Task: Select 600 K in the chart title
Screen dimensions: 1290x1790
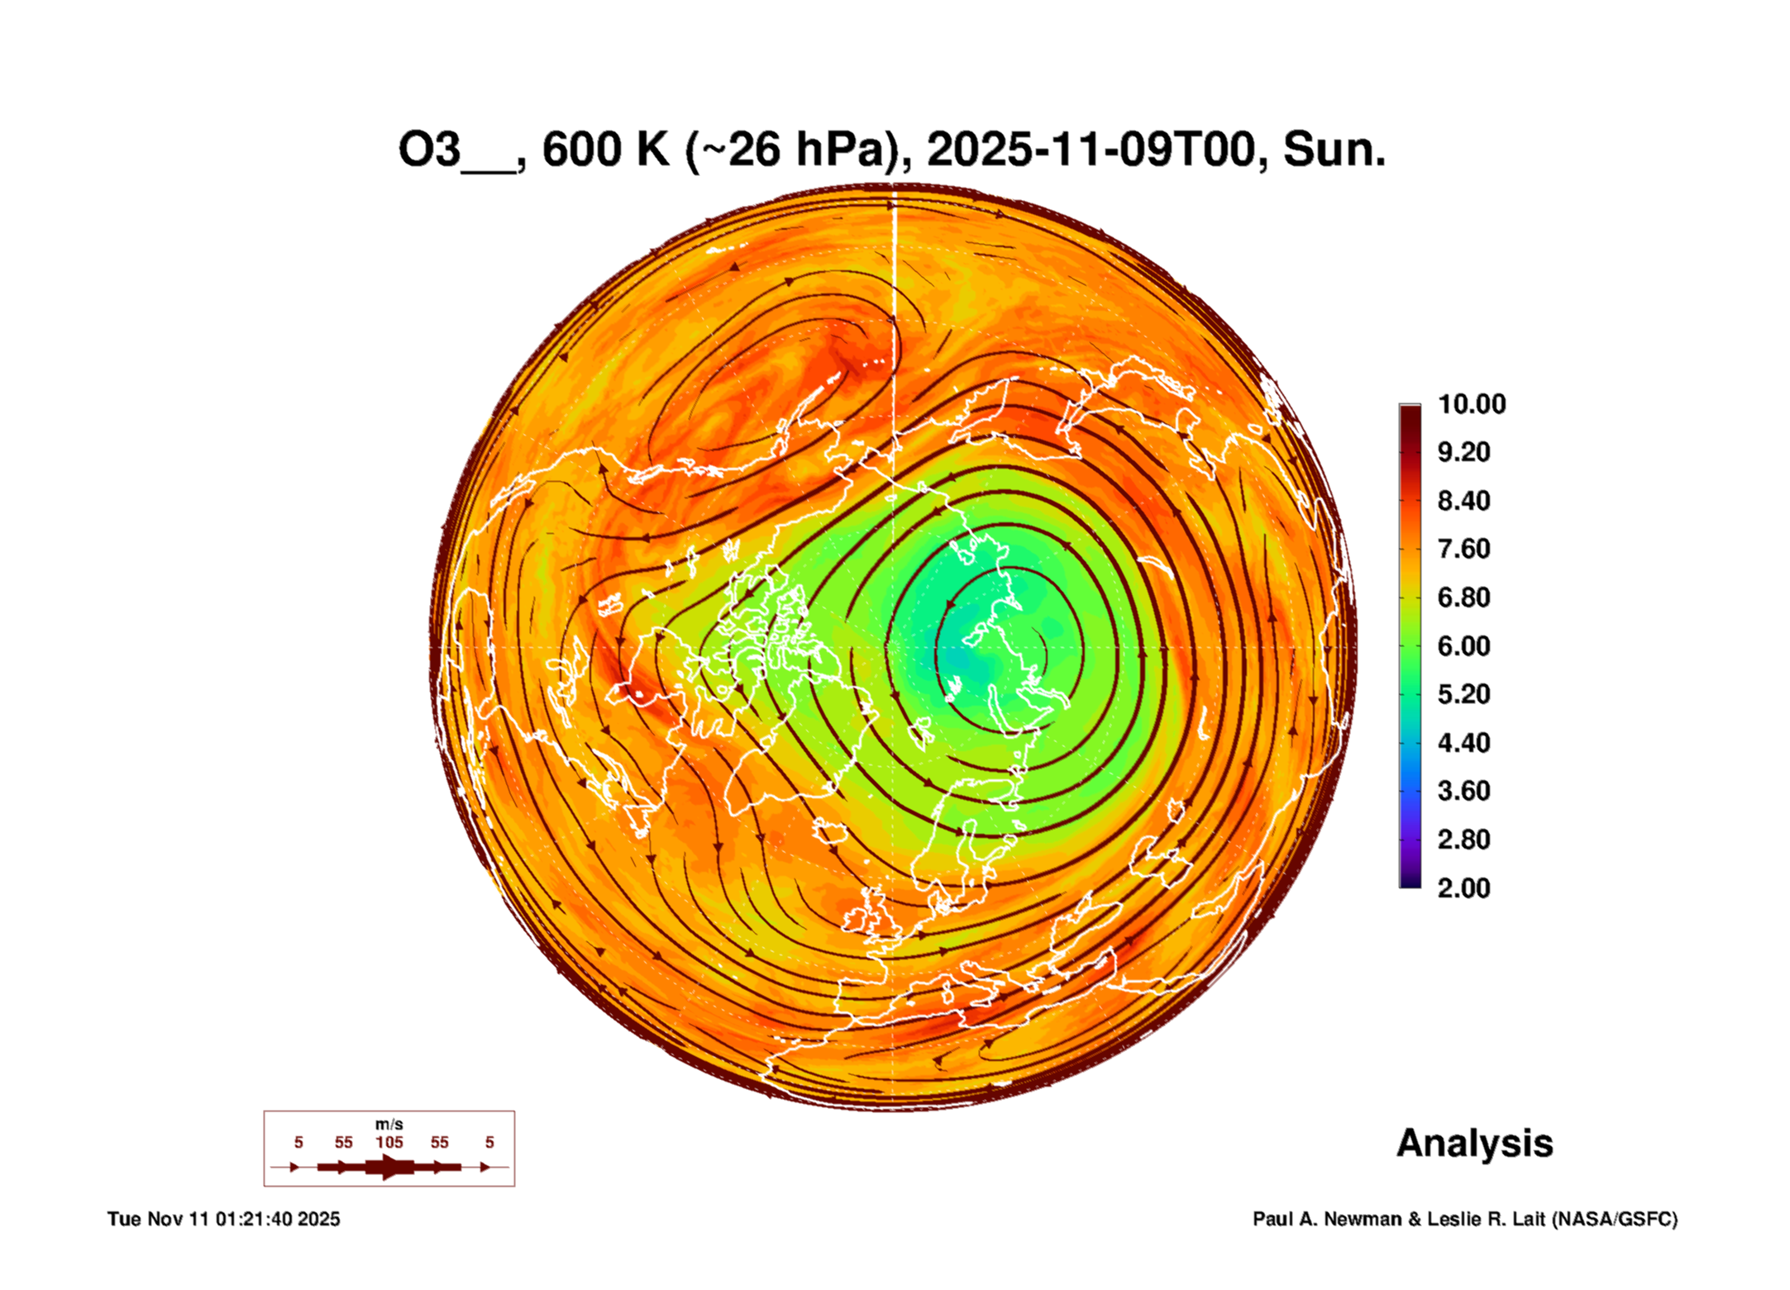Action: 605,150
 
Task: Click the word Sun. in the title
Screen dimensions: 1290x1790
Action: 1334,150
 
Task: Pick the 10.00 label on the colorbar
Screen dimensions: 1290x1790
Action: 1471,404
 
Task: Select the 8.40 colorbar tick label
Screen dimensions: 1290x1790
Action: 1463,501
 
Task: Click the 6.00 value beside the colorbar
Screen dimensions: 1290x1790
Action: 1463,646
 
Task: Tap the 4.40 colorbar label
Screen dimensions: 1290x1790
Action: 1463,743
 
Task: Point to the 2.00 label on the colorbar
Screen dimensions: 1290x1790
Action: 1463,888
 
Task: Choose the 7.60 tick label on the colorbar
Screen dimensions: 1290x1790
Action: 1463,549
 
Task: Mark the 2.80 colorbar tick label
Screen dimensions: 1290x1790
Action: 1463,840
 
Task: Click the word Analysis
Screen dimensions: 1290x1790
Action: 1474,1143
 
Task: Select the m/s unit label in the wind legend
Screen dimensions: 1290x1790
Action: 389,1124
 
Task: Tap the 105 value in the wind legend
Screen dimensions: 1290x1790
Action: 389,1142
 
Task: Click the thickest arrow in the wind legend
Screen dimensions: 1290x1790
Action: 389,1167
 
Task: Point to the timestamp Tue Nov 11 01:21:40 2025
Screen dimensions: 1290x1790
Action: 223,1219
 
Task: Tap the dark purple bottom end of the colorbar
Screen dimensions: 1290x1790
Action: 1410,883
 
